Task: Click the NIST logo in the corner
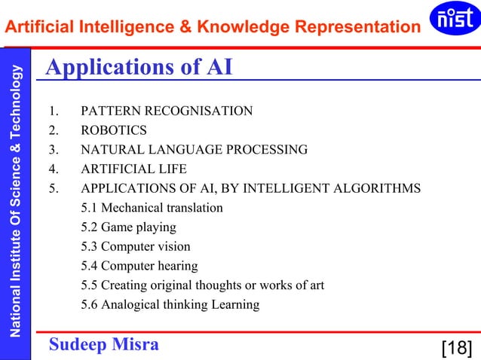(x=452, y=19)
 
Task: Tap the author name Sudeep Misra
(x=104, y=344)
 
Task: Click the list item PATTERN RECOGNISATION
(x=167, y=111)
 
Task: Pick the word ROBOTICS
(x=114, y=130)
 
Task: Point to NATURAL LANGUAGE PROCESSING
(x=194, y=149)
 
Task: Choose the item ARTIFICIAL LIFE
(x=133, y=169)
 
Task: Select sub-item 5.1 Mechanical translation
(x=152, y=207)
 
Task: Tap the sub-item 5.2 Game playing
(x=128, y=227)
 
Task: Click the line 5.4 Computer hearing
(x=139, y=266)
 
